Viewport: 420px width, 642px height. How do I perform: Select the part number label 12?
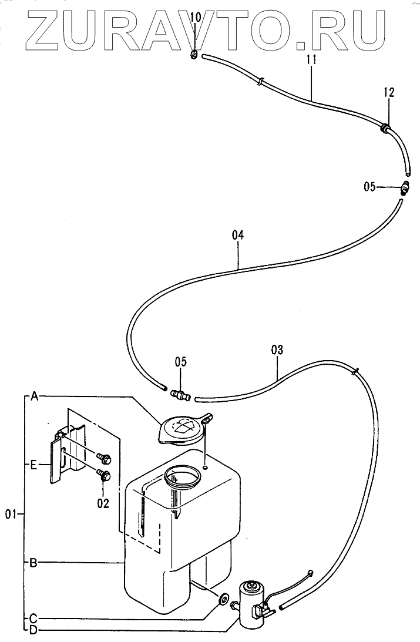(x=389, y=92)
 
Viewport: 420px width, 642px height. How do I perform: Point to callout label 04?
(x=237, y=235)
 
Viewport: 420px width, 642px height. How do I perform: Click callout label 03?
(x=277, y=350)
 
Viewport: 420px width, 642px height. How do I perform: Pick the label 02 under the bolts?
(x=103, y=503)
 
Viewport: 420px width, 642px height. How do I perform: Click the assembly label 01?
(x=10, y=515)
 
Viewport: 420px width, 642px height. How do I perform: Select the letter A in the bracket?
(x=35, y=396)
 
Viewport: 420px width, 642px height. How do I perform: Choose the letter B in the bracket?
(x=34, y=563)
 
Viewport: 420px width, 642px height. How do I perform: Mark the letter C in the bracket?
(x=33, y=617)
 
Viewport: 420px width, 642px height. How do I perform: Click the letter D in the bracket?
(x=33, y=630)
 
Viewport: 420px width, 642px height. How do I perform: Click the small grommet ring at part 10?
(x=195, y=56)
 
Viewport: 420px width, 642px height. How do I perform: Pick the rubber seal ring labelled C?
(x=224, y=599)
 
